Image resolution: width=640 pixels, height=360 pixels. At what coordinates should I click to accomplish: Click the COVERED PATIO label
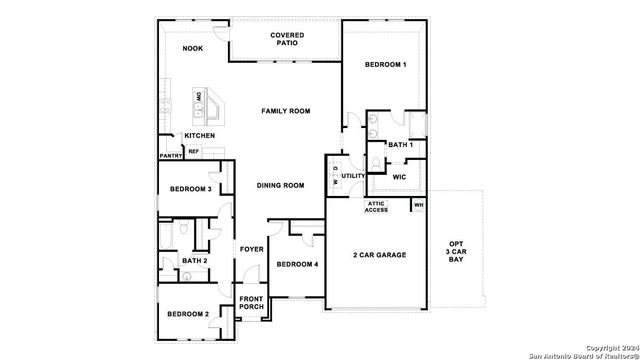pyautogui.click(x=287, y=39)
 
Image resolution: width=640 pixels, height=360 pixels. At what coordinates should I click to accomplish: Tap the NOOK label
pyautogui.click(x=192, y=48)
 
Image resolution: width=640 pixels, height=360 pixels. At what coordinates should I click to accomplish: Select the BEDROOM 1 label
pyautogui.click(x=385, y=65)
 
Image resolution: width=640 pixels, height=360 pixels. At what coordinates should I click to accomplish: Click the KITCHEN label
pyautogui.click(x=199, y=135)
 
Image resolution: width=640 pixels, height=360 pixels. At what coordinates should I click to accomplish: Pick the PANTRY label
pyautogui.click(x=170, y=156)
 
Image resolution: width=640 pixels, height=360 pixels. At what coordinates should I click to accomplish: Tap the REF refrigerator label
pyautogui.click(x=194, y=151)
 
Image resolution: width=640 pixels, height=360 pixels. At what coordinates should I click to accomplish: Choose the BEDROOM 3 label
pyautogui.click(x=189, y=188)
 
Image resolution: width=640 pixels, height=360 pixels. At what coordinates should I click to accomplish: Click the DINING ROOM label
pyautogui.click(x=280, y=185)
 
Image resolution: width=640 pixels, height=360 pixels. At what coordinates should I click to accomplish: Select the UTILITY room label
pyautogui.click(x=353, y=176)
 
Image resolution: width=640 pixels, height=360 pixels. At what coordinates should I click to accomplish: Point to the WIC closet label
pyautogui.click(x=399, y=177)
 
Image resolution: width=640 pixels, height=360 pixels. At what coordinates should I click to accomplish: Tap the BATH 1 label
pyautogui.click(x=399, y=145)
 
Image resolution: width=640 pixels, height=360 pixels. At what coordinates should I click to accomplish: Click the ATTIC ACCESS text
pyautogui.click(x=376, y=207)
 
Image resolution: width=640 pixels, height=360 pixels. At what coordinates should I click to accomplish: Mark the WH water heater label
pyautogui.click(x=419, y=205)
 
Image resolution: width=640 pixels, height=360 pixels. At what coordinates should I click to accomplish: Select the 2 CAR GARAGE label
pyautogui.click(x=379, y=255)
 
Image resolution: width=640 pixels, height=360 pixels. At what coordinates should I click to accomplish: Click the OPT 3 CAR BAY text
pyautogui.click(x=456, y=252)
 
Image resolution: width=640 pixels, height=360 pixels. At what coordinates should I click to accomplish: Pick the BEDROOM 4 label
pyautogui.click(x=297, y=264)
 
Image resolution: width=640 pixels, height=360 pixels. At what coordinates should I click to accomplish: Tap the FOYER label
pyautogui.click(x=250, y=249)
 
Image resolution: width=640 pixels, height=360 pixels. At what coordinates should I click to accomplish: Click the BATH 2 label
pyautogui.click(x=194, y=261)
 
